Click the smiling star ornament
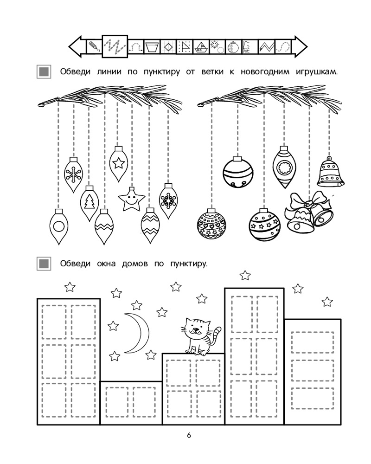(x=131, y=199)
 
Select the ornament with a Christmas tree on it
(x=90, y=203)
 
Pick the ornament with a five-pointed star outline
(x=118, y=163)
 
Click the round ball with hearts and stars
(x=211, y=224)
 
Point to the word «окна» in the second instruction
(x=106, y=264)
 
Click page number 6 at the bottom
(x=189, y=435)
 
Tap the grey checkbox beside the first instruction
(x=44, y=72)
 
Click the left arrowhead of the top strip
(x=76, y=47)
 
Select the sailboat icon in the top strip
(x=201, y=47)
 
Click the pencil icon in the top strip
(x=94, y=47)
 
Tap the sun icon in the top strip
(x=217, y=46)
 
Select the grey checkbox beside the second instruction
(x=44, y=263)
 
